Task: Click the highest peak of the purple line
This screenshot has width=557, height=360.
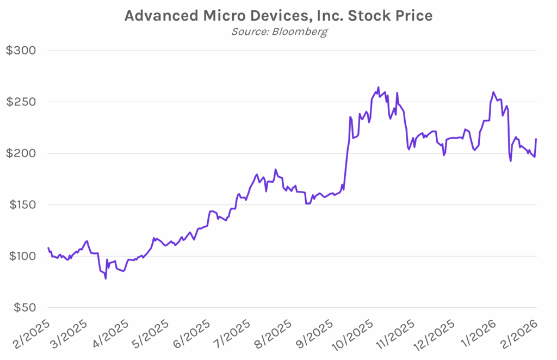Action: [x=378, y=87]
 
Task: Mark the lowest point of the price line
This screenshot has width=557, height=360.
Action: [x=106, y=278]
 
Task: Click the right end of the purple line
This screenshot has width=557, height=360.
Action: [x=536, y=139]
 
